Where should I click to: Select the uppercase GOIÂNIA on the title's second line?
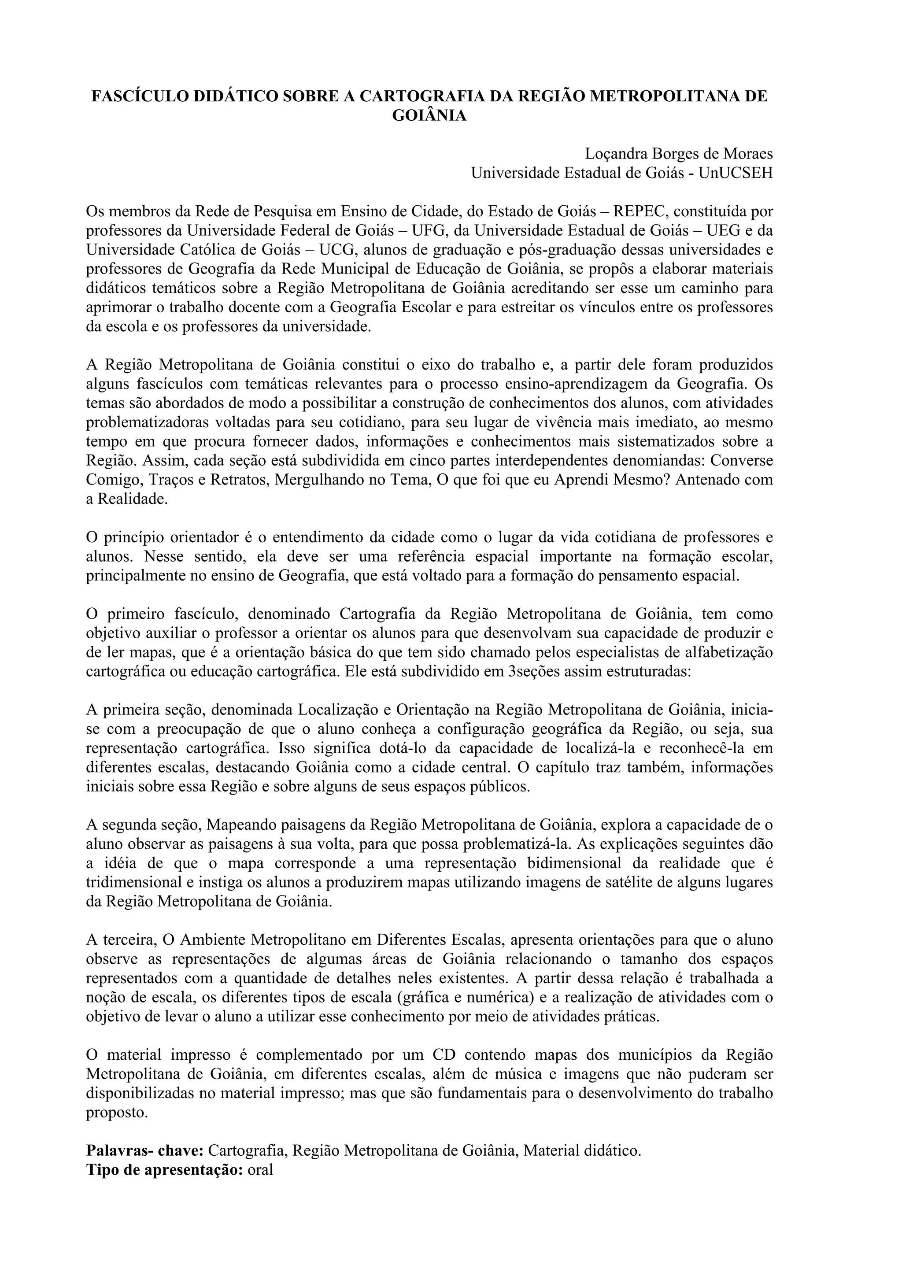[x=429, y=116]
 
